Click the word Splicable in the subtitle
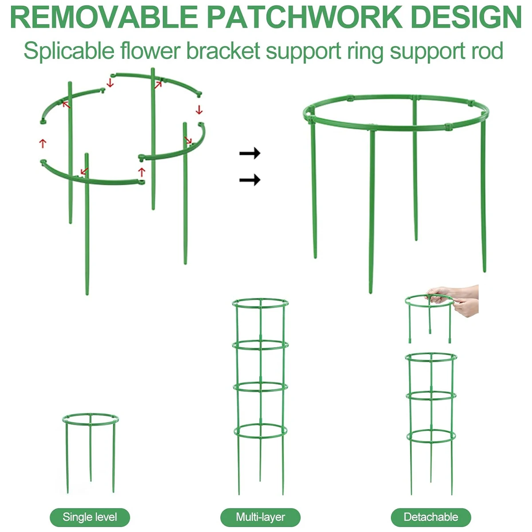[x=69, y=51]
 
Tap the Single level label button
[x=90, y=517]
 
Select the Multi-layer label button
[x=260, y=517]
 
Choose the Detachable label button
[x=430, y=517]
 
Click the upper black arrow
[x=250, y=153]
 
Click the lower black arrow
[x=250, y=180]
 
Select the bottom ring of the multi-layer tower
[x=260, y=438]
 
